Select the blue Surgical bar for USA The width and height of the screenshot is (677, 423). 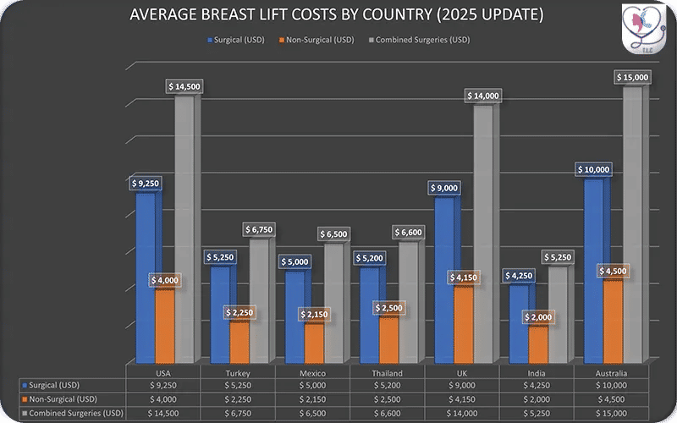(x=146, y=279)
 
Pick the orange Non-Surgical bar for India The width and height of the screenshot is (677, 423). (x=538, y=343)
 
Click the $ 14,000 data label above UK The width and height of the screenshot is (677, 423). (x=482, y=96)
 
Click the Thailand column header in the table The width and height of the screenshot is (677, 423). (x=387, y=373)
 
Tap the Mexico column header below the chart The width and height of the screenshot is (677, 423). (x=313, y=373)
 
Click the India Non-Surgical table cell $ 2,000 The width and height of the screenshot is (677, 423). (x=537, y=399)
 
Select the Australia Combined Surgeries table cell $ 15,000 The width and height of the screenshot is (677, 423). (x=612, y=413)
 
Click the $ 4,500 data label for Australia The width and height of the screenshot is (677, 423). (x=613, y=271)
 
